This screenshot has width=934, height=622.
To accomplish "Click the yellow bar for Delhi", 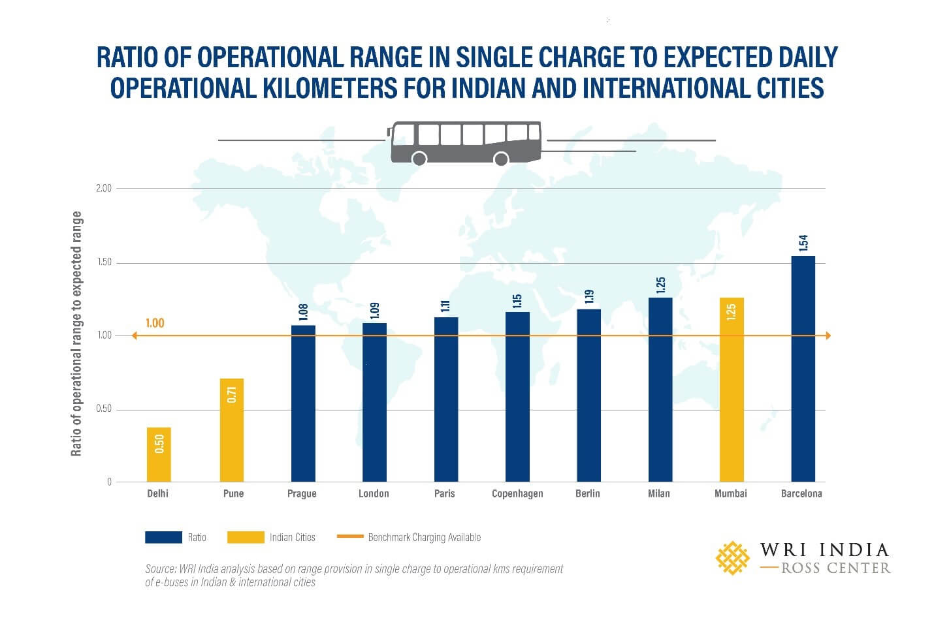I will [159, 454].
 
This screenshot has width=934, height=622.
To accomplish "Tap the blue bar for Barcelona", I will [803, 369].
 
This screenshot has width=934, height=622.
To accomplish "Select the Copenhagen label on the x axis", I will [517, 493].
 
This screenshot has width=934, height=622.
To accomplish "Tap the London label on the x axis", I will [374, 493].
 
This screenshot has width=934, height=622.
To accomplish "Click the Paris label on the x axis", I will [444, 493].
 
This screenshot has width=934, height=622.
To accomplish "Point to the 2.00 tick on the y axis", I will [104, 188].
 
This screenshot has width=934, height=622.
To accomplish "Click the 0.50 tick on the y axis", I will [104, 409].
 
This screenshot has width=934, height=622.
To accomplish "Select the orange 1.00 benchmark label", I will [155, 323].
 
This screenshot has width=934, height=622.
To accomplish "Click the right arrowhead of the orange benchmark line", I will [828, 335].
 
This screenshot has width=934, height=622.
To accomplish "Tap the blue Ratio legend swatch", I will [163, 537].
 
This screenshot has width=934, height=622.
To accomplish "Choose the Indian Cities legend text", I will [292, 537].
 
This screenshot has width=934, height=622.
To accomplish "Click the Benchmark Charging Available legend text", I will [424, 537].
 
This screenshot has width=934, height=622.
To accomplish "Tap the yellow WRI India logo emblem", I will [732, 557].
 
